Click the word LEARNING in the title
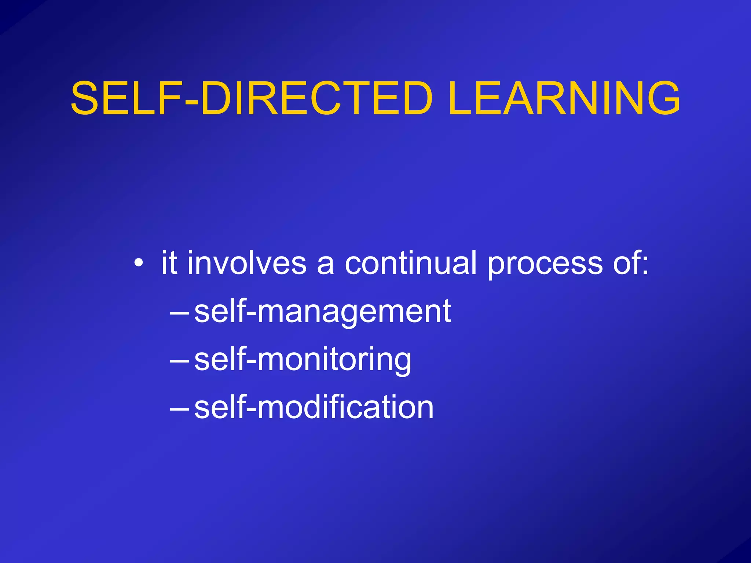click(564, 98)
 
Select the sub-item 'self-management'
click(322, 312)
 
